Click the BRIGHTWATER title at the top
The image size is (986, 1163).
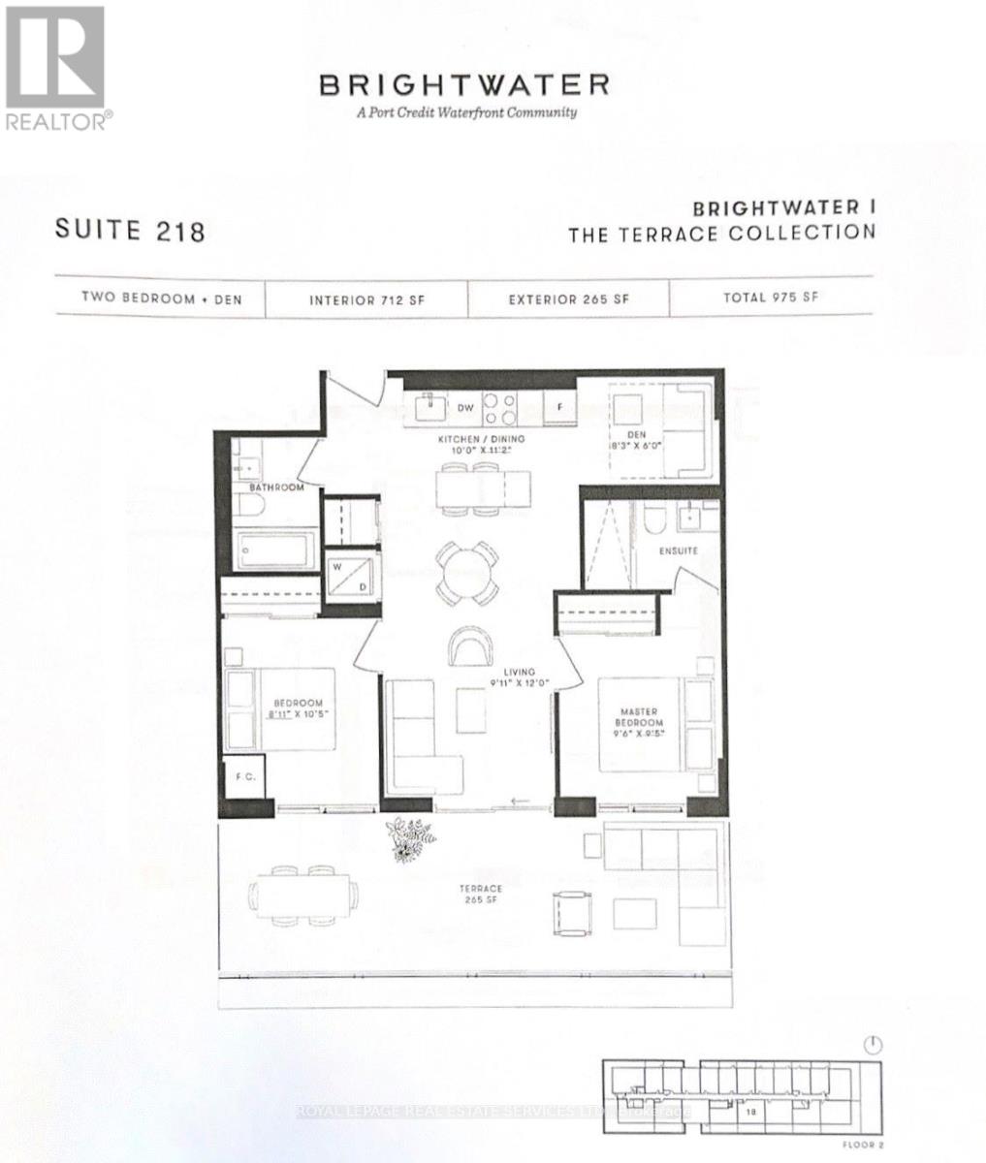pyautogui.click(x=464, y=85)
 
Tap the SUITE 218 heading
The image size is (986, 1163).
pyautogui.click(x=130, y=231)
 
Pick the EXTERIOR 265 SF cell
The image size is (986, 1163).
pyautogui.click(x=568, y=299)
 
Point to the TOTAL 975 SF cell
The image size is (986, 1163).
pyautogui.click(x=770, y=298)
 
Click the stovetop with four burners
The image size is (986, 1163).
pyautogui.click(x=500, y=407)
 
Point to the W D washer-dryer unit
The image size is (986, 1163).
pyautogui.click(x=349, y=576)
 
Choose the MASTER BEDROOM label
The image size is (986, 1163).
pyautogui.click(x=641, y=718)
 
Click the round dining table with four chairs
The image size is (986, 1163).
pyautogui.click(x=466, y=571)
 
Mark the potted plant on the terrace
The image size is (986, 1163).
pyautogui.click(x=409, y=838)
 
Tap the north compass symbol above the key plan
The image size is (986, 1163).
pyautogui.click(x=874, y=1045)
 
